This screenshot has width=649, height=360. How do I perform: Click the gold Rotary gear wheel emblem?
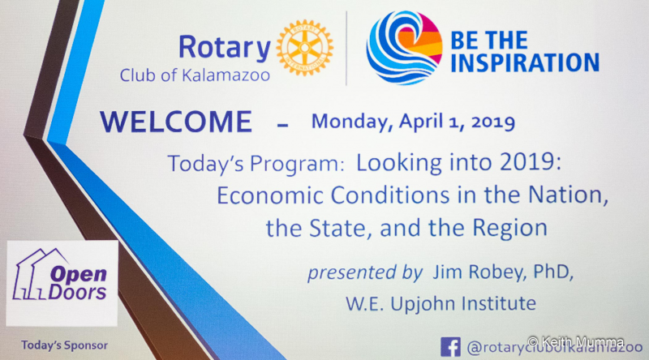click(x=305, y=48)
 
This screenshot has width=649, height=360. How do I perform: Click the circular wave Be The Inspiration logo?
click(x=404, y=48)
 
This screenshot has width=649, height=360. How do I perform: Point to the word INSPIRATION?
click(x=524, y=63)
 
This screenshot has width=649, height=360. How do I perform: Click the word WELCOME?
click(x=176, y=122)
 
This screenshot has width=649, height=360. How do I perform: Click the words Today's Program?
click(x=256, y=164)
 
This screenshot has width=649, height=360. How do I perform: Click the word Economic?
click(x=270, y=195)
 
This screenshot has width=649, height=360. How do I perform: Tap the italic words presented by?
click(x=364, y=272)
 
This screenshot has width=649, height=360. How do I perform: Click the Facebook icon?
click(x=450, y=347)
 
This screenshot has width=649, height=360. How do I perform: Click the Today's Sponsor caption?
click(x=64, y=345)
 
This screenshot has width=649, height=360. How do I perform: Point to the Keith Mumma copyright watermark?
click(x=576, y=342)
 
